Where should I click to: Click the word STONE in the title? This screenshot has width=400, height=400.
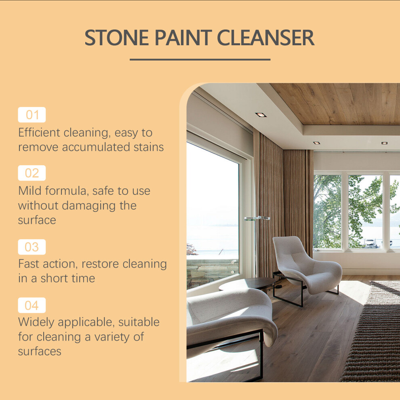[117, 38]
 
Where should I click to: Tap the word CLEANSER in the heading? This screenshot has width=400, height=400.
[265, 38]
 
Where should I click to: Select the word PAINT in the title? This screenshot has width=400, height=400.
[183, 38]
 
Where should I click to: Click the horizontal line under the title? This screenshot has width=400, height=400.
[200, 60]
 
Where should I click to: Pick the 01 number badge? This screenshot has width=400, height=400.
[32, 115]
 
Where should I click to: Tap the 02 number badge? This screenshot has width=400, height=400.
[32, 173]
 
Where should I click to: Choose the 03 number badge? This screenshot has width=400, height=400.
[32, 247]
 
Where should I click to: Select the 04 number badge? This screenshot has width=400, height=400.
[32, 305]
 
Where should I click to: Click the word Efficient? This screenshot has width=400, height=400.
[39, 133]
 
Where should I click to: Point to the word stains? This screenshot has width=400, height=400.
[149, 147]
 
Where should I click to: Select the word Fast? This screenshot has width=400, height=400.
[28, 264]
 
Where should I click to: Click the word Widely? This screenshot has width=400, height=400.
[36, 322]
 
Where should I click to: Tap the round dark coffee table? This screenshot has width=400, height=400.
[247, 284]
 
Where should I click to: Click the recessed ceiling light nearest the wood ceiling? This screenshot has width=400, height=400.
[261, 115]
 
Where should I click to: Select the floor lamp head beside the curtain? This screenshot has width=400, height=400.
[257, 218]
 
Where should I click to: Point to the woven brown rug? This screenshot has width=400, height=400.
[375, 332]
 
